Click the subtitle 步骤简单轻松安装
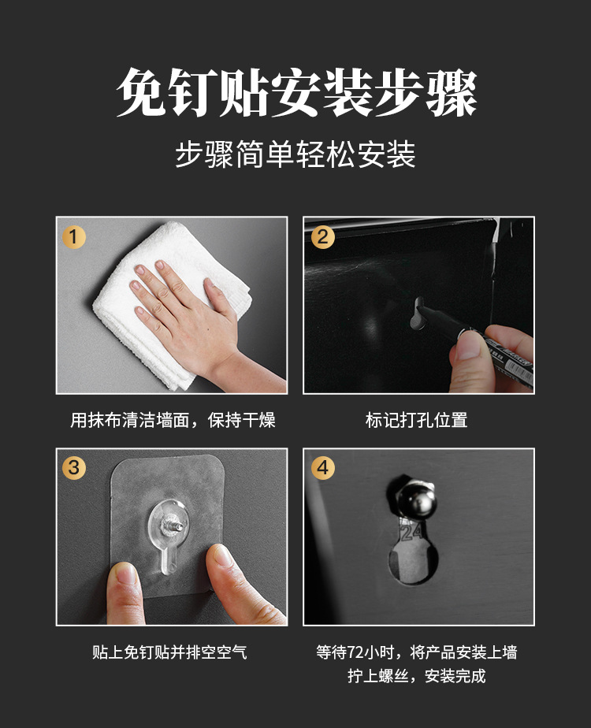(x=295, y=155)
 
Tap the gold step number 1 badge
(x=74, y=236)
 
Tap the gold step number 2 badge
(x=322, y=236)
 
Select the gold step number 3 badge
(x=74, y=467)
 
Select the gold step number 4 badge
(x=322, y=467)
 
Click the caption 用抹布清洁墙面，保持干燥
(x=173, y=420)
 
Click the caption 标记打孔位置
(x=417, y=420)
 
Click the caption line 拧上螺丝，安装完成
(x=417, y=676)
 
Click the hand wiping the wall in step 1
(x=189, y=315)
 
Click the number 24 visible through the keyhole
(x=411, y=535)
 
